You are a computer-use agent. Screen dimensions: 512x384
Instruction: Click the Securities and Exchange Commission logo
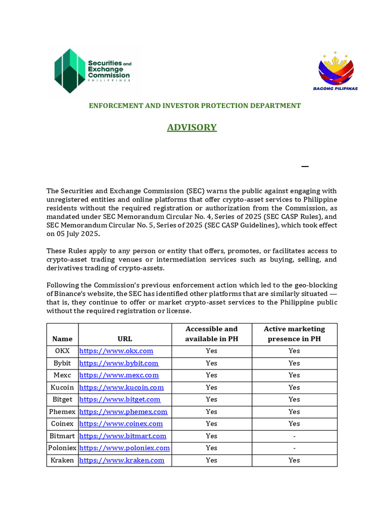coord(93,71)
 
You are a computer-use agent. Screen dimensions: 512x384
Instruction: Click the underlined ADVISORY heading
coord(192,127)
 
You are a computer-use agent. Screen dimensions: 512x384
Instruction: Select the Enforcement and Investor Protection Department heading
coord(195,105)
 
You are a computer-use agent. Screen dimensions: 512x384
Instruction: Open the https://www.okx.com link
coord(116,351)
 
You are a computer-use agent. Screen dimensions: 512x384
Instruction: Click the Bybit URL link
coord(118,363)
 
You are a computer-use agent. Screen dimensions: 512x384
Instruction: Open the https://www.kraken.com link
coord(121,460)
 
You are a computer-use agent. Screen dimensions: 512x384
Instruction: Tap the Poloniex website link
coord(124,448)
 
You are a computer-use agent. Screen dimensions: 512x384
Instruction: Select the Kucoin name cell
coord(62,387)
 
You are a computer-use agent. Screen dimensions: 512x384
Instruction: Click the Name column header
coord(62,339)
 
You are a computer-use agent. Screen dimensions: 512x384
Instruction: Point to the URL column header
coord(125,339)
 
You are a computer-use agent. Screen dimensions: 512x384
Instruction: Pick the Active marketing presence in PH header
coord(294,334)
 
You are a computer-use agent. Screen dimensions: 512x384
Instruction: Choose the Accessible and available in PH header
coord(211,334)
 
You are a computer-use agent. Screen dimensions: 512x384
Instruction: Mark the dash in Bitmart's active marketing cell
coord(294,436)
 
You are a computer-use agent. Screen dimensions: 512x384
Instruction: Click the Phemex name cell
coord(62,411)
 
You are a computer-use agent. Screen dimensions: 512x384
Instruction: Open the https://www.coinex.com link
coord(121,423)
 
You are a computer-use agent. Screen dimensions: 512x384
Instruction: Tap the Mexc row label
coord(62,375)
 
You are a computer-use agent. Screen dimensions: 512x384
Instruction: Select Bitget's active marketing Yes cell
coord(294,399)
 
